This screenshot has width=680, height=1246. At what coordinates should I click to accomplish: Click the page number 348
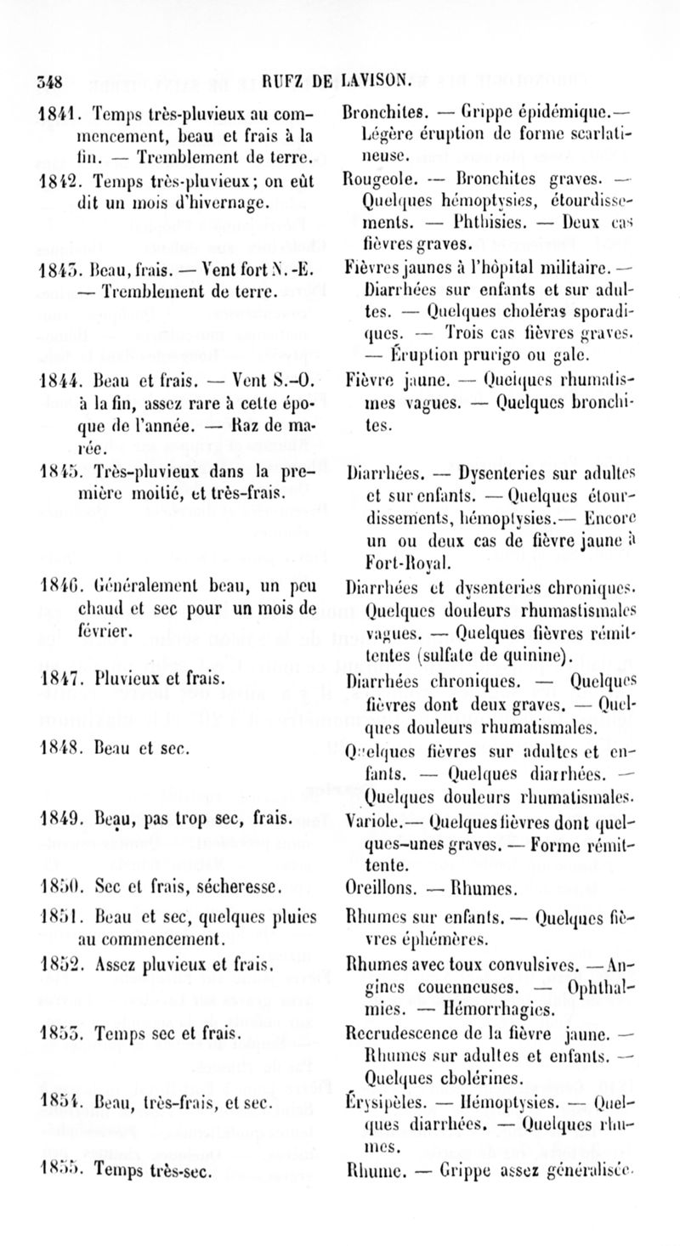click(53, 83)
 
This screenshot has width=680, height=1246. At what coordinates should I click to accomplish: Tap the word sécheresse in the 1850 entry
click(238, 890)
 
